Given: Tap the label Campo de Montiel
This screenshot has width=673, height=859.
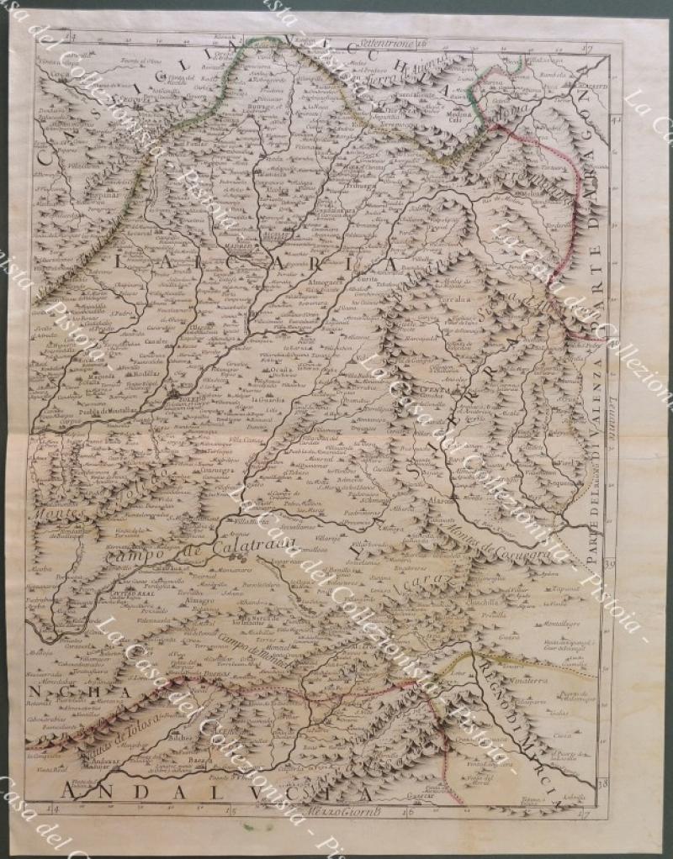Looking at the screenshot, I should [252, 651].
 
